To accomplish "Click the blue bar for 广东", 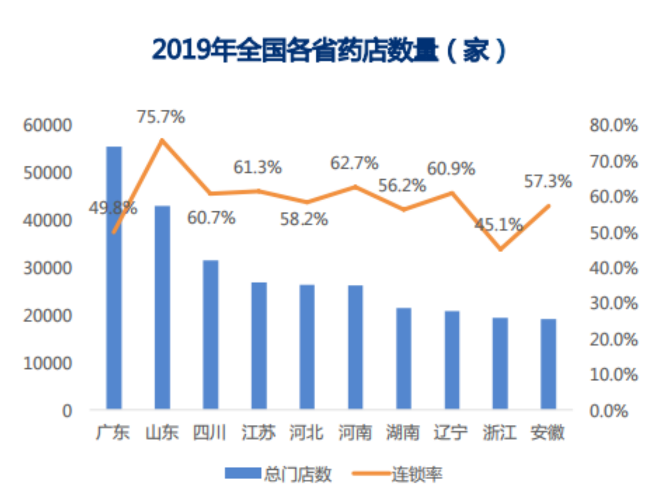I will (x=114, y=277).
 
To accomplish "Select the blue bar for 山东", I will (x=162, y=307).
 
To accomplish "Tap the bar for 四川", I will (x=210, y=334).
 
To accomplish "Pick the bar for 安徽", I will (x=549, y=364).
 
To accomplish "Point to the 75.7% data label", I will (x=161, y=117).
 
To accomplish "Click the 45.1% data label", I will (x=498, y=225).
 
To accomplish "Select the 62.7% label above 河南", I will (x=355, y=163).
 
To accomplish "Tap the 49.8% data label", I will (x=113, y=208).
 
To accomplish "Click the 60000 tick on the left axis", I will (x=48, y=125).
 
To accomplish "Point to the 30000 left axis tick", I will (x=48, y=268).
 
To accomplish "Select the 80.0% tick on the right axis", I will (x=614, y=125).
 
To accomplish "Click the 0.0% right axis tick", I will (x=608, y=411).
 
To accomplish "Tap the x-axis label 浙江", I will (x=499, y=433).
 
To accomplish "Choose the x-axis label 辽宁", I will (x=451, y=433).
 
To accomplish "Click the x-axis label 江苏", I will (x=259, y=433).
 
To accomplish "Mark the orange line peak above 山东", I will (x=162, y=140).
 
